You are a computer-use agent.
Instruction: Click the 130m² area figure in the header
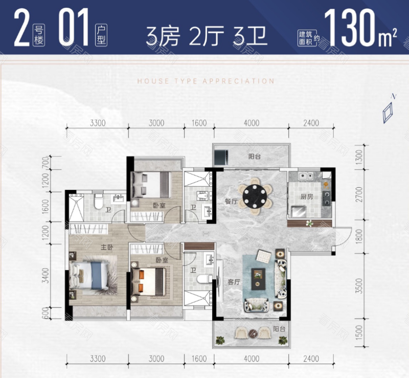pyautogui.click(x=361, y=27)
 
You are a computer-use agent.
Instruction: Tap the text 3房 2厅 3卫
pyautogui.click(x=207, y=35)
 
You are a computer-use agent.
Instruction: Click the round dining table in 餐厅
pyautogui.click(x=254, y=195)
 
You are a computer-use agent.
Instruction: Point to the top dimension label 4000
pyautogui.click(x=252, y=123)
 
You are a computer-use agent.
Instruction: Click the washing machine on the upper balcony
pyautogui.click(x=221, y=155)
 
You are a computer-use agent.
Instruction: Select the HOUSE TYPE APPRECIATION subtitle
pyautogui.click(x=206, y=81)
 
